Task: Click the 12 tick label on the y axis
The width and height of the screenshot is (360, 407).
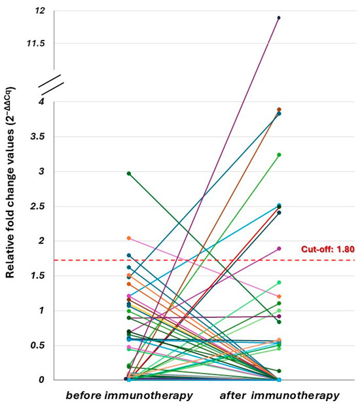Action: click(39, 10)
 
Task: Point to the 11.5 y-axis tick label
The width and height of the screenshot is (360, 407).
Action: click(35, 43)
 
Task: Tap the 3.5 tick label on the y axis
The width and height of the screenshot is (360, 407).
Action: click(37, 137)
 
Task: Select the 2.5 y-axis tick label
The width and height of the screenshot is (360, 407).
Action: click(37, 207)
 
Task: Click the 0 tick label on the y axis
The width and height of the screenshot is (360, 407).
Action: click(41, 380)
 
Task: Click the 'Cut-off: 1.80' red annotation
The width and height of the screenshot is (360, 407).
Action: click(328, 249)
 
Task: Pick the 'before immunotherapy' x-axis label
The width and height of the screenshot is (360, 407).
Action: click(129, 396)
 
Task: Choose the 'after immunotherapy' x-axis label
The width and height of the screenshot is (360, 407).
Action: click(279, 396)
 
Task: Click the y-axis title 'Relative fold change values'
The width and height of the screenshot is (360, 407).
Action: click(10, 183)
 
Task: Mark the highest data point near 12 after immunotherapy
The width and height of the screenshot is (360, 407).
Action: click(279, 18)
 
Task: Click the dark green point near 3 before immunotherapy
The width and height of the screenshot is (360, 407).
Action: click(129, 173)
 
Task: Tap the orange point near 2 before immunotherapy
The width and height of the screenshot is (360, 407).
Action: click(129, 238)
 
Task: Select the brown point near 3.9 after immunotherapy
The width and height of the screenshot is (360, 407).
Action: click(279, 109)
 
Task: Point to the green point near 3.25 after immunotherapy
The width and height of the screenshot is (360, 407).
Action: click(279, 155)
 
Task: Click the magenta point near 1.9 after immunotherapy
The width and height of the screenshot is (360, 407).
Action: click(279, 249)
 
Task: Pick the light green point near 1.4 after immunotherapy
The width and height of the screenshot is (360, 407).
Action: click(279, 283)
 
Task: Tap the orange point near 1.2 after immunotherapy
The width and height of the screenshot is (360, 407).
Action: click(279, 296)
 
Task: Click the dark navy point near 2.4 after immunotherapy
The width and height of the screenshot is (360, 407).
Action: click(279, 213)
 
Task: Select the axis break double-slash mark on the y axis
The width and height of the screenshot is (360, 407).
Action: click(52, 85)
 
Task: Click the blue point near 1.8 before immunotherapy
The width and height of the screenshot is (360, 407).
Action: click(129, 255)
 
